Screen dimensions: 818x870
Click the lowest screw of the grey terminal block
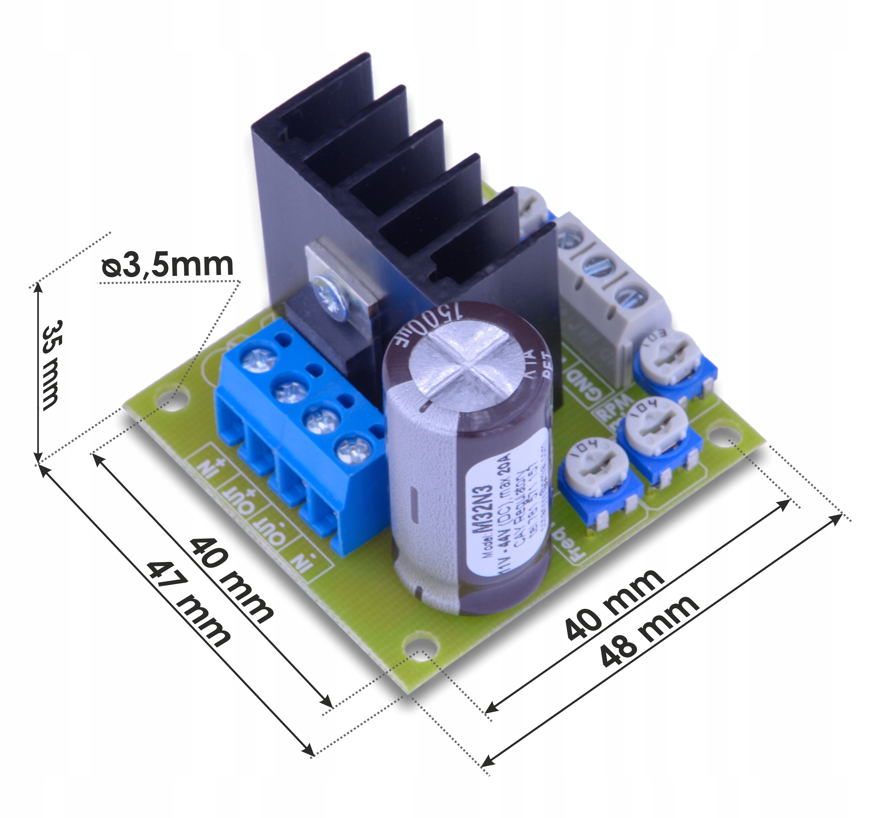click(x=632, y=297)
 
